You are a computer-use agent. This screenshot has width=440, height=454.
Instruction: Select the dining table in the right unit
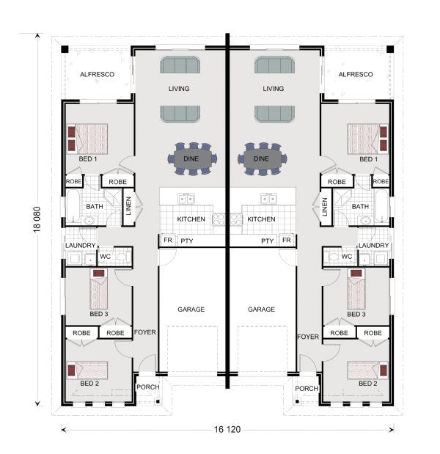pos(261,158)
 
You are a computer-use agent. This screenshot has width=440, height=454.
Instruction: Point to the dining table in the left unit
pos(196,158)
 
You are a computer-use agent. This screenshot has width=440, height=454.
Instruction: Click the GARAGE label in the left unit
pos(191,310)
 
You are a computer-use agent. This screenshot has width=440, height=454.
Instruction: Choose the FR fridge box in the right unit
pos(287,241)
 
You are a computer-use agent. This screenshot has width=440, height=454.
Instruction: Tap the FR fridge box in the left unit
pos(167,241)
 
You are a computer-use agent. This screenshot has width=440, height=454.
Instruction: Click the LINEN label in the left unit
pos(127,207)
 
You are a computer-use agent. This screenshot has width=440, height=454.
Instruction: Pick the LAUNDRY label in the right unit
pos(374,246)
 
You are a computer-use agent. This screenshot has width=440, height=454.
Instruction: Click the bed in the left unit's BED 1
pos(88,138)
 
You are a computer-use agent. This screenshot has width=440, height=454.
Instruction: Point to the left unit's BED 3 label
pos(98,314)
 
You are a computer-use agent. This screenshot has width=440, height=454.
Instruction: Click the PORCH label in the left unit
pos(149,389)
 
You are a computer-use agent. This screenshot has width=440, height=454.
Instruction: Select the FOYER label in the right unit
pos(308,337)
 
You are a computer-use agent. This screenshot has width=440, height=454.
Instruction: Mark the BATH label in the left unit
pos(95,207)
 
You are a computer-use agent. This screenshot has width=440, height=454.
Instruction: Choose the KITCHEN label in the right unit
pos(260,219)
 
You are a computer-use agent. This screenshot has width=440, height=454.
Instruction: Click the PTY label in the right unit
pos(268,241)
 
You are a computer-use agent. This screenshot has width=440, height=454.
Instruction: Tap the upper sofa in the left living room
pos(180,66)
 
